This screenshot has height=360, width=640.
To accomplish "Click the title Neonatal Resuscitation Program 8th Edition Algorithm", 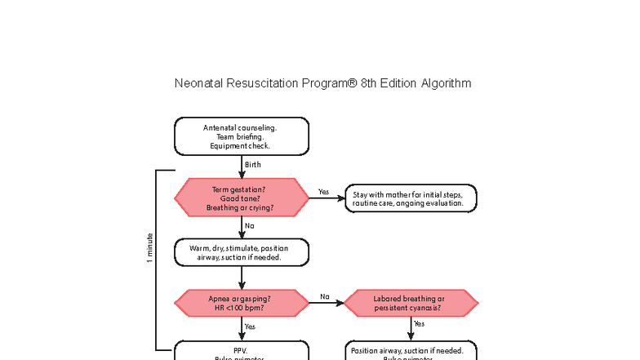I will click(322, 83).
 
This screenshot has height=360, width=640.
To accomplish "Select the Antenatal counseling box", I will click(242, 136).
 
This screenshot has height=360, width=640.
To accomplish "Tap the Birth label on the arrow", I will click(253, 165).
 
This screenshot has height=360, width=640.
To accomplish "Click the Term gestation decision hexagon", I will click(242, 198).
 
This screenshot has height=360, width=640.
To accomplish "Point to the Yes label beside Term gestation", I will click(323, 192).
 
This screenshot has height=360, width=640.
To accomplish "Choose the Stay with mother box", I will click(411, 198).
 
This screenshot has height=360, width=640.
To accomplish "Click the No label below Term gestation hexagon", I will click(250, 225).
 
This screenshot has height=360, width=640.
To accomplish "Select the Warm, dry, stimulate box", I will click(242, 252).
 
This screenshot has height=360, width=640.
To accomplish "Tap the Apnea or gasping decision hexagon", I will click(242, 303).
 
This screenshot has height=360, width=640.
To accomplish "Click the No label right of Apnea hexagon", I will click(325, 296).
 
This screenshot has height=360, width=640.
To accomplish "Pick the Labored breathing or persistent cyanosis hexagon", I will click(411, 303).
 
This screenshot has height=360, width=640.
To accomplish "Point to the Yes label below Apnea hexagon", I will click(250, 327).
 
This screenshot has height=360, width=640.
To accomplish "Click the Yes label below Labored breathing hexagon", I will click(419, 324).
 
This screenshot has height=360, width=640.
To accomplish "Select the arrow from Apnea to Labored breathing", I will click(325, 303).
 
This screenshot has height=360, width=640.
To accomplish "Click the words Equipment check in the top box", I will click(240, 146).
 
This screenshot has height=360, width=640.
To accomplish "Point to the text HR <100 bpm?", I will click(240, 308).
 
